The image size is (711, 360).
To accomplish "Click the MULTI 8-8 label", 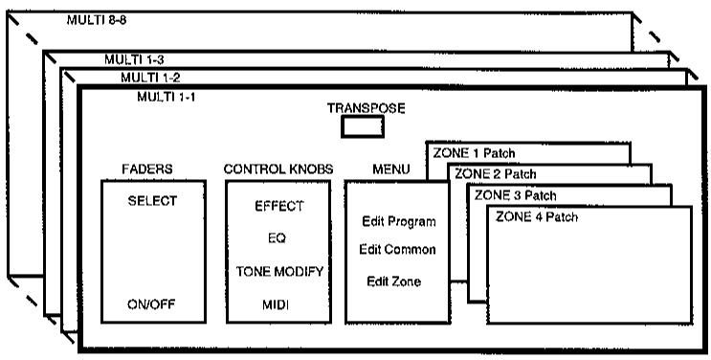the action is pos(96,20).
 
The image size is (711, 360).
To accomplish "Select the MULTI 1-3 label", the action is pos(134,59).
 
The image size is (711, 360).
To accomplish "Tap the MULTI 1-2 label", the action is pos(150,78).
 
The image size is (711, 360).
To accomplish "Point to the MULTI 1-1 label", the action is pos(167,97).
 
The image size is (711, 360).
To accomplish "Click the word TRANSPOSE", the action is pos(366,108).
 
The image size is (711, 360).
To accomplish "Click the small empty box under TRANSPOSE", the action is pos(363,126).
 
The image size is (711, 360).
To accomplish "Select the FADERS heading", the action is pos(147,169).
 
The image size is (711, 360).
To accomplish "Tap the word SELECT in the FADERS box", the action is pos(152,201).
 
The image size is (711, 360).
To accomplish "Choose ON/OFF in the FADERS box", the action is pos(151,304).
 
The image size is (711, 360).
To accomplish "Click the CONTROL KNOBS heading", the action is pos(278,169).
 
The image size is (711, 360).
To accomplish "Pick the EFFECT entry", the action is pos(278,206).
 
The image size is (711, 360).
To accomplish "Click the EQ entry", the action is pos(277,237).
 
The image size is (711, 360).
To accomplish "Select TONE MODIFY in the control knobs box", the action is pos(279,272).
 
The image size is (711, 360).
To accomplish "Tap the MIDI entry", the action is pos(276,305).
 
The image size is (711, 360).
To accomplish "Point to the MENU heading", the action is pos(390,169).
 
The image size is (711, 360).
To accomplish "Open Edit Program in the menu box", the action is pos(399,222).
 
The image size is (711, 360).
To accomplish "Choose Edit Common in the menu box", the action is pos(397,249).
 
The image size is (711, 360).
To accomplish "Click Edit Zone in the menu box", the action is pos(393,281).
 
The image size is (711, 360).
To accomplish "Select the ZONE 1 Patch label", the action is pos(474,153).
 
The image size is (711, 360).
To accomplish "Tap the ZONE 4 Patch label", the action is pos(537,216).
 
